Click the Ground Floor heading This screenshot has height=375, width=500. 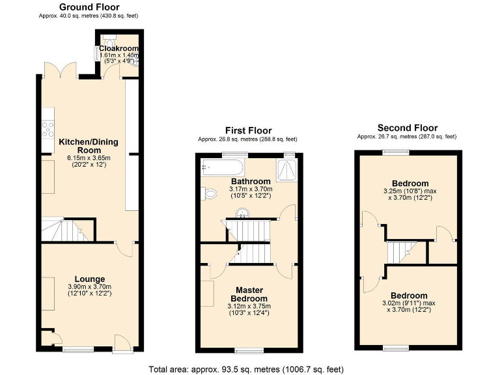pyautogui.click(x=89, y=7)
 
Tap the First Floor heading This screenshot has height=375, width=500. pyautogui.click(x=248, y=131)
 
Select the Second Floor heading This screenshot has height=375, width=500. pyautogui.click(x=408, y=128)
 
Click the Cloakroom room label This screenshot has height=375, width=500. pyautogui.click(x=119, y=49)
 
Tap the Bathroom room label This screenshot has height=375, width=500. pyautogui.click(x=250, y=181)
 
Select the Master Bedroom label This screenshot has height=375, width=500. pyautogui.click(x=249, y=294)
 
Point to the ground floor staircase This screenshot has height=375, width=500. pyautogui.click(x=62, y=229)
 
